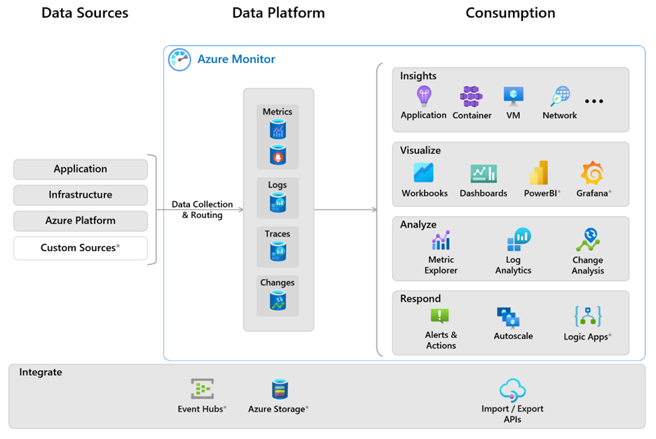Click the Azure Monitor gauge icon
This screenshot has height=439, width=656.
(179, 60)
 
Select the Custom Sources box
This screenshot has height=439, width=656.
(81, 248)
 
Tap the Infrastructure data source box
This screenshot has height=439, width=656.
(81, 194)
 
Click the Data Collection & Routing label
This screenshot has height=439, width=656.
(202, 210)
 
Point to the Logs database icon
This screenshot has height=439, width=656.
(278, 203)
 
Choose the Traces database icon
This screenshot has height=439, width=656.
(278, 251)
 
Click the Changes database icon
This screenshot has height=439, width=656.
(278, 301)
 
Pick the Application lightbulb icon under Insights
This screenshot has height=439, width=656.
(423, 96)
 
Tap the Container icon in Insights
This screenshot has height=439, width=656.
(471, 96)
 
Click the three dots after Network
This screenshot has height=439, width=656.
(594, 102)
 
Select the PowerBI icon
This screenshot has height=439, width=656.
(539, 173)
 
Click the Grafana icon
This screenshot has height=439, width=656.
(592, 173)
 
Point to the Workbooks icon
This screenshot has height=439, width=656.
(423, 173)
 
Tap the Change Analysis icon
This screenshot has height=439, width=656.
(587, 240)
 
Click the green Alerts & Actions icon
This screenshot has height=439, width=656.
(439, 316)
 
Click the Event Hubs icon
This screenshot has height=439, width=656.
(202, 389)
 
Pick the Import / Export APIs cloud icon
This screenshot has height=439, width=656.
(512, 390)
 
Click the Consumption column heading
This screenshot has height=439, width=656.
(510, 13)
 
